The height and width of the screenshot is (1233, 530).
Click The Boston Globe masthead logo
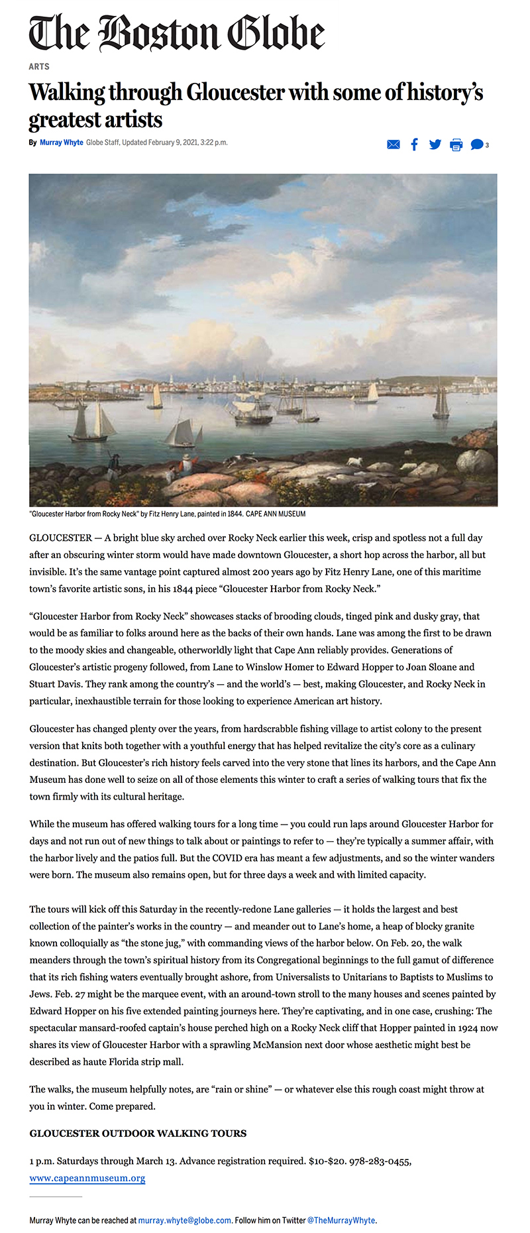(x=177, y=33)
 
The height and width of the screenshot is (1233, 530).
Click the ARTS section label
(x=39, y=66)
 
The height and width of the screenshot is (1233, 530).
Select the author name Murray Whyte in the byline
(x=62, y=143)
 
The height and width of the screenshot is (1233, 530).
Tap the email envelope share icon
(x=393, y=145)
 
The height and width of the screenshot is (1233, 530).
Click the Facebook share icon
(x=414, y=145)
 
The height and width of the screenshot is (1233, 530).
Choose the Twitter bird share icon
(x=435, y=145)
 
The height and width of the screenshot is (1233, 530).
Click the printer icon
(x=456, y=145)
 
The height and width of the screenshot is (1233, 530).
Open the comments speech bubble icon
(x=476, y=145)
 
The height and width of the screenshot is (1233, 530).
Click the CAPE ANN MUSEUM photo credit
(x=276, y=514)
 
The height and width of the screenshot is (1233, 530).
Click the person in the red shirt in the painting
(x=187, y=463)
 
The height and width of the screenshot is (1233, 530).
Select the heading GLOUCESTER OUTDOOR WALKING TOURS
(x=138, y=1133)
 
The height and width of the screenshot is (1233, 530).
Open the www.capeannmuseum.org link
(x=87, y=1178)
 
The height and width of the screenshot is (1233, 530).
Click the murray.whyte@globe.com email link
(x=185, y=1220)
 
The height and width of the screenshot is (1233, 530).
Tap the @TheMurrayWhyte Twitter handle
(x=341, y=1220)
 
